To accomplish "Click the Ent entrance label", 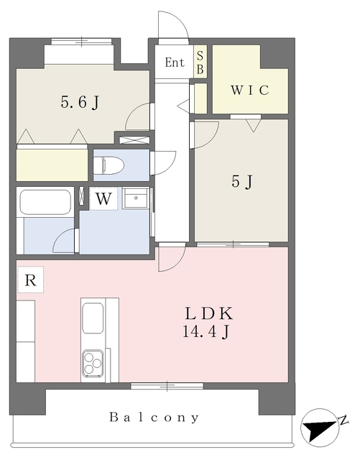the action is click(x=175, y=63).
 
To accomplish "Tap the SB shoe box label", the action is click(x=200, y=63).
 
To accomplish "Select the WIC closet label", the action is click(x=250, y=90).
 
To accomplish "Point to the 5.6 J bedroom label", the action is click(x=80, y=103).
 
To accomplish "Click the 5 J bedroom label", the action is click(x=241, y=182).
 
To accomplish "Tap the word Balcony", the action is click(x=154, y=417).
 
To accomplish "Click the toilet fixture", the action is click(x=109, y=165).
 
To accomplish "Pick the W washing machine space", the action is click(x=103, y=199).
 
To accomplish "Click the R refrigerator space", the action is click(x=30, y=280).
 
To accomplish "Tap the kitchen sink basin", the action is click(x=93, y=318).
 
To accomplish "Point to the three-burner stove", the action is click(x=93, y=363).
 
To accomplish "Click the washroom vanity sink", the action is click(x=136, y=198).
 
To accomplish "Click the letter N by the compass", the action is click(x=343, y=420).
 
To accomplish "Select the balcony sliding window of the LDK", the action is click(x=167, y=385).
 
